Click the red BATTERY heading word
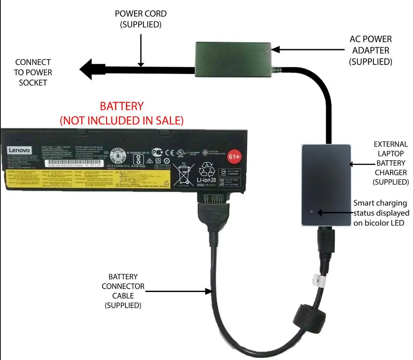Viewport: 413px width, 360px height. (122, 106)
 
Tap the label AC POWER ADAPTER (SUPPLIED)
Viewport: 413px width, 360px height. (370, 50)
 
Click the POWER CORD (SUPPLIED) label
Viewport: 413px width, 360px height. (141, 19)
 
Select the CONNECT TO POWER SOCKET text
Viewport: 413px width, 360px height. (33, 72)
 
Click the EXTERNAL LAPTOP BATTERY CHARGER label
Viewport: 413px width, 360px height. (391, 163)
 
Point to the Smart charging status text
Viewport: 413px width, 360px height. (381, 213)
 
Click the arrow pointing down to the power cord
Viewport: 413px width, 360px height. (141, 50)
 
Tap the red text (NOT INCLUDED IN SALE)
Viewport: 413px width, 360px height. (122, 120)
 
